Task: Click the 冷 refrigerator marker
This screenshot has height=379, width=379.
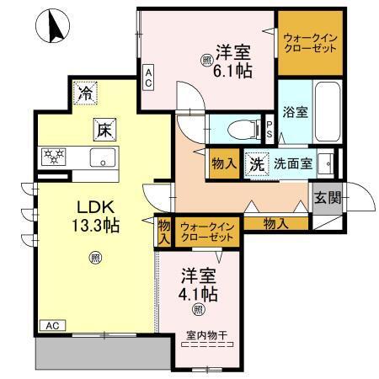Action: click(x=84, y=93)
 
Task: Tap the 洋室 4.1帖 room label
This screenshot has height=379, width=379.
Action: click(x=200, y=286)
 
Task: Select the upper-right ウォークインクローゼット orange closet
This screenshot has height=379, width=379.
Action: click(x=312, y=42)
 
